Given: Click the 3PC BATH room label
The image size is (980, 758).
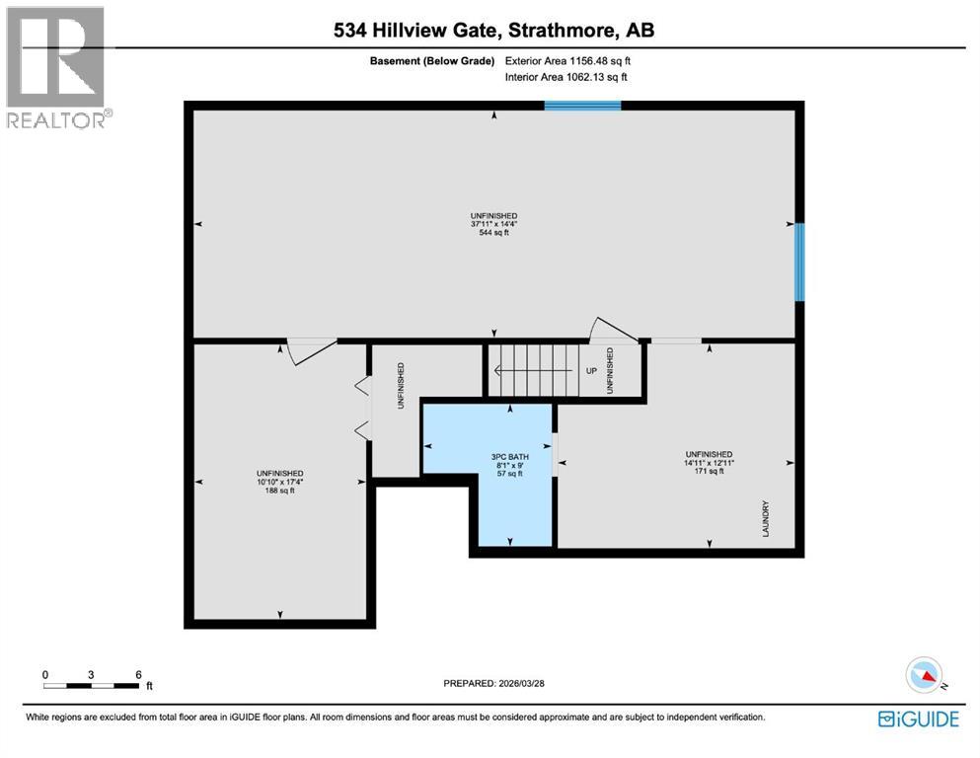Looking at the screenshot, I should coord(506,457).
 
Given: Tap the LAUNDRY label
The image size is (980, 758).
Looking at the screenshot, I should coord(765,518).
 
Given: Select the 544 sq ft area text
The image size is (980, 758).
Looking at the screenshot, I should coord(493,233).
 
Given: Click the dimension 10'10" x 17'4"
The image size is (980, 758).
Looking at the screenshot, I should coord(279,482).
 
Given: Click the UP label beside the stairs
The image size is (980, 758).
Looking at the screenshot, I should coord(591,371).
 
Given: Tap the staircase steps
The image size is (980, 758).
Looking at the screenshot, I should coord(538,370).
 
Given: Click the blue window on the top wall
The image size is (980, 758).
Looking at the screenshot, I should coord(582,105).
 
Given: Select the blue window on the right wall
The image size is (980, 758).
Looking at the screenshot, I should coord(799,262).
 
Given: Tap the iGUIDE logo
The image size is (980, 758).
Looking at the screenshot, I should coord(918,720).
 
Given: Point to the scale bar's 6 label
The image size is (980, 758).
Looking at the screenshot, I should coord(139,674).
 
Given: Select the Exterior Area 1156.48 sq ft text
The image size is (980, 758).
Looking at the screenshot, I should coord(567,60).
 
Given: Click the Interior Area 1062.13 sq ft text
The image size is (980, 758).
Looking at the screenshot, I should coord(566,76).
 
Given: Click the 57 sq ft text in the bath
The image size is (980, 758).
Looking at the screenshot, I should coord(507,474).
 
